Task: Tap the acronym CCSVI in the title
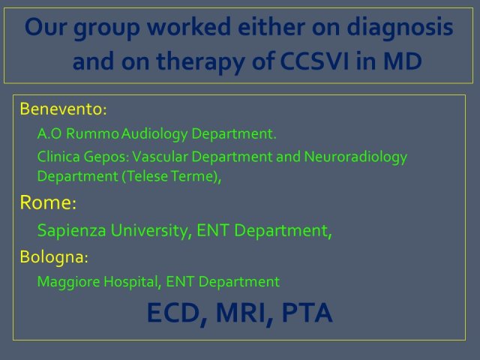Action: point(314,61)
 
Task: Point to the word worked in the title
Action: point(188,26)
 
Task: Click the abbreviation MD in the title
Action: point(403,61)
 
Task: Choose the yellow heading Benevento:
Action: point(63,109)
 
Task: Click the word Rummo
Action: point(92,133)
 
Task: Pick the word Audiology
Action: point(154,134)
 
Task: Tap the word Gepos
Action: point(106,157)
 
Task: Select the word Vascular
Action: point(160,157)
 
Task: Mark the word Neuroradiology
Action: point(355,157)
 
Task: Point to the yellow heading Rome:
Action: point(48,202)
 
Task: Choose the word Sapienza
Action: point(72,231)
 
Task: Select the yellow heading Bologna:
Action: point(54,256)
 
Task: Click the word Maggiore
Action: point(68,282)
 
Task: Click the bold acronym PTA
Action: point(307,313)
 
